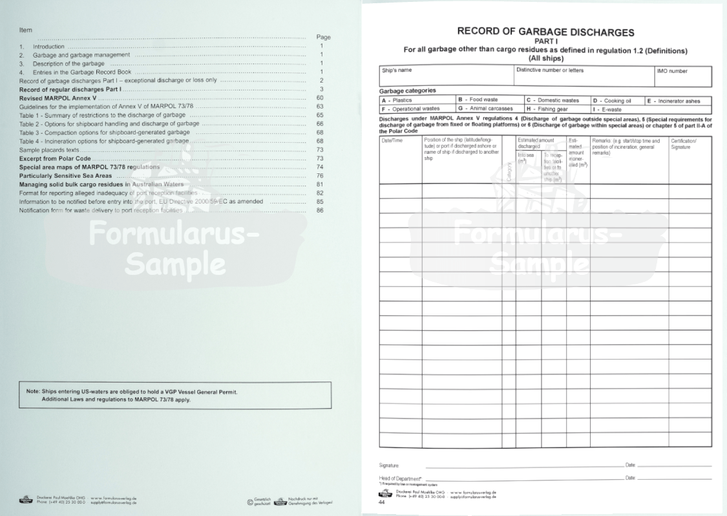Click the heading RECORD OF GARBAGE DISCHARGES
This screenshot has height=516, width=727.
[545, 31]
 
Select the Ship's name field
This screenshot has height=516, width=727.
[446, 76]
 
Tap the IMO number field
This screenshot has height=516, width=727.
[683, 76]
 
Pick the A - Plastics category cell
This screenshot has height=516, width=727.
[417, 100]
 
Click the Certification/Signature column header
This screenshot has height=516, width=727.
[690, 144]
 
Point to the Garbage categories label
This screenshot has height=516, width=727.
[407, 91]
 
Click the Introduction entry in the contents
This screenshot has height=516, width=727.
[48, 47]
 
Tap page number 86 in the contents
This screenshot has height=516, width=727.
[320, 210]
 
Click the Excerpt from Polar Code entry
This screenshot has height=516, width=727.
[56, 158]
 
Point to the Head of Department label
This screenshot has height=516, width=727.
[397, 478]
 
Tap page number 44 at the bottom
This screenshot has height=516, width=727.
[382, 502]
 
